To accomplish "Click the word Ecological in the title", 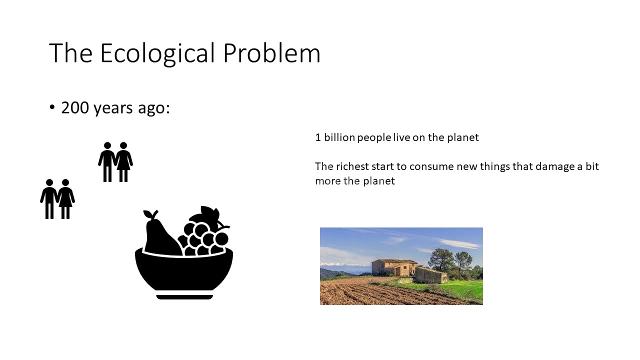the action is (x=157, y=53).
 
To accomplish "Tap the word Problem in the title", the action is (x=271, y=53).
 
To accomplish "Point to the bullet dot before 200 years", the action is (x=52, y=107).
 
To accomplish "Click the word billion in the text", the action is (x=339, y=137).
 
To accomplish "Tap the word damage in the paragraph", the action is (x=555, y=167).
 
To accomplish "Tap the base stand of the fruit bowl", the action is (x=184, y=297).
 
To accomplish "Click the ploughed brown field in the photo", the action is (x=371, y=293).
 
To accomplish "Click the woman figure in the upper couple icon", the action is (x=123, y=161).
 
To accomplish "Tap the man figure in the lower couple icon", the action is (x=49, y=199).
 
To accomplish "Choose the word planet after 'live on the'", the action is (x=463, y=137).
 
